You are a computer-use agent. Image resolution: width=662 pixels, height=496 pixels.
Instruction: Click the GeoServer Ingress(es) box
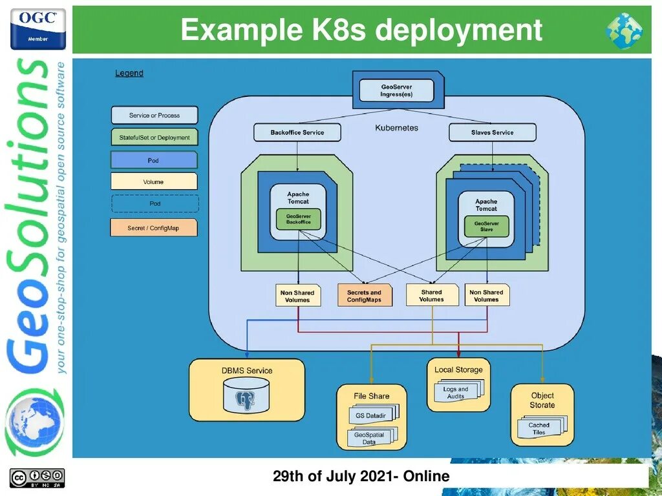tap(396, 91)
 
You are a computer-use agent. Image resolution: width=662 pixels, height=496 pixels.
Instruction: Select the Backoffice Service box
tap(297, 132)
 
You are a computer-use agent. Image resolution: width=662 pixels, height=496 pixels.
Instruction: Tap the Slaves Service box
tap(492, 132)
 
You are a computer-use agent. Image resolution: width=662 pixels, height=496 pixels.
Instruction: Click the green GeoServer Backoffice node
tap(298, 219)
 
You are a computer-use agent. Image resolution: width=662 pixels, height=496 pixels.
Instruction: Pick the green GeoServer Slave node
tap(486, 226)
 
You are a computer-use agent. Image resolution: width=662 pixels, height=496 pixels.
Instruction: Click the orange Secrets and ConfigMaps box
tap(365, 296)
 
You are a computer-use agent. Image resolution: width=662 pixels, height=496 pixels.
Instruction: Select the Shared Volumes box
tap(431, 295)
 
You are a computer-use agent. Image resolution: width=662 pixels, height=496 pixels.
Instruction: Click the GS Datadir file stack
tap(371, 415)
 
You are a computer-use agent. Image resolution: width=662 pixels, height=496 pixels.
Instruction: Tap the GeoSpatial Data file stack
tap(369, 438)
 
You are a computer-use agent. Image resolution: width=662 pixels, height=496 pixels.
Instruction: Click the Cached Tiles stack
tap(539, 428)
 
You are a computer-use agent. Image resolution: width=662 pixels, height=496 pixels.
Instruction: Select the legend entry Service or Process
tap(155, 116)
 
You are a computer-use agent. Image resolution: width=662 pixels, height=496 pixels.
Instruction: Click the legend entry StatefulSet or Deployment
tap(155, 138)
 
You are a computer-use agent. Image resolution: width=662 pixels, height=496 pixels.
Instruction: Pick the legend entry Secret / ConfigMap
tap(153, 228)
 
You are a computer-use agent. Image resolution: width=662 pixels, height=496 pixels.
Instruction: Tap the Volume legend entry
tap(153, 181)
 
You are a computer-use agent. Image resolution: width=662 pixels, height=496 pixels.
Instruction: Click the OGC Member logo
tap(37, 28)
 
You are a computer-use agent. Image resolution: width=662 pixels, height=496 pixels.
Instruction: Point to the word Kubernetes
tap(396, 128)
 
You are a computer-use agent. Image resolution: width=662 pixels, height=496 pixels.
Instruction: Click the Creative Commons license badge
tap(37, 478)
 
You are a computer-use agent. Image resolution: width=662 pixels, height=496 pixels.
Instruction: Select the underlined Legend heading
tap(129, 74)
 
